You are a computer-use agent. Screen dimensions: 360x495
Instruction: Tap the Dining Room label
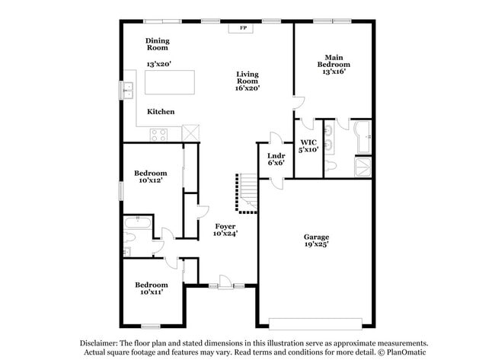coord(158,44)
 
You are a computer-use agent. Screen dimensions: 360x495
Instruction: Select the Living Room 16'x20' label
coord(247,81)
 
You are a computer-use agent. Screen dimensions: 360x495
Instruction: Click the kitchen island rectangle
coord(170,81)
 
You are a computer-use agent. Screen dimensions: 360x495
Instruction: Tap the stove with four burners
coord(158,135)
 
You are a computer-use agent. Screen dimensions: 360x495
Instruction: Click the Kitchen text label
coord(161,112)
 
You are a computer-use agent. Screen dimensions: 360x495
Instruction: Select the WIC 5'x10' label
coord(308,145)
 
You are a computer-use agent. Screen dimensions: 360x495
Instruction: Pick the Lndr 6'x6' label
coord(276,159)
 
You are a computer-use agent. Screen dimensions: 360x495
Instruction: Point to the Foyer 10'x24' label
coord(225,230)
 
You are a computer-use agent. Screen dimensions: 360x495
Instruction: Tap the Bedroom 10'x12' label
coord(151,177)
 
